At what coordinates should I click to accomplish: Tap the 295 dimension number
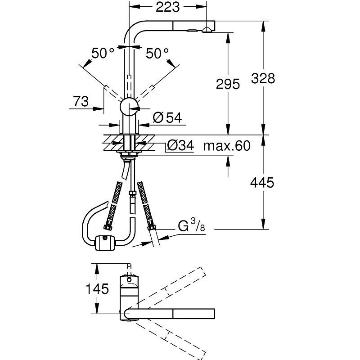point(228,84)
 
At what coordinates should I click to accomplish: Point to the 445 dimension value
point(261,183)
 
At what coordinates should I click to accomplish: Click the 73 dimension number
point(81,102)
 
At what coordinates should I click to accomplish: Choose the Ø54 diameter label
point(167,118)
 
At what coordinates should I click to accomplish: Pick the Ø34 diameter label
point(180,145)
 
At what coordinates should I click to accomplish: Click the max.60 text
point(226,145)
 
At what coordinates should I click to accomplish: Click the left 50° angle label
point(103,54)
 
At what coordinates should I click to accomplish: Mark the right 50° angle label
point(157,54)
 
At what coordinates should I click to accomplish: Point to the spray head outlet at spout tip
point(207,29)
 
